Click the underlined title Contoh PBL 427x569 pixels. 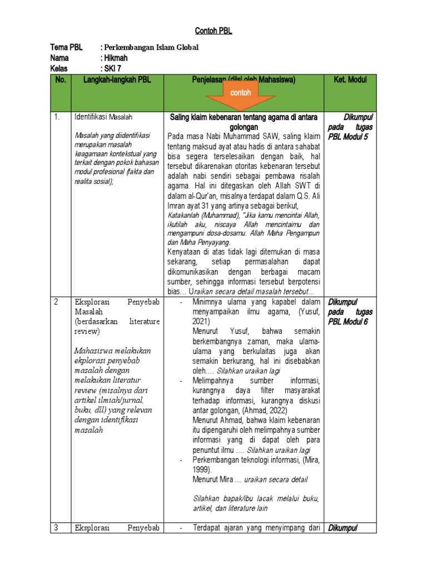coord(213,31)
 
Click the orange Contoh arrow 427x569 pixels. coord(241,95)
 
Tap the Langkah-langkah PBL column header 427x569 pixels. coord(117,80)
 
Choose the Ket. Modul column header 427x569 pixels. coord(350,80)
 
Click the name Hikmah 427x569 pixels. coord(117,58)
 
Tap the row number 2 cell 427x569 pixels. coord(56,302)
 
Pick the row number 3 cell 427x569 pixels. coord(56,527)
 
